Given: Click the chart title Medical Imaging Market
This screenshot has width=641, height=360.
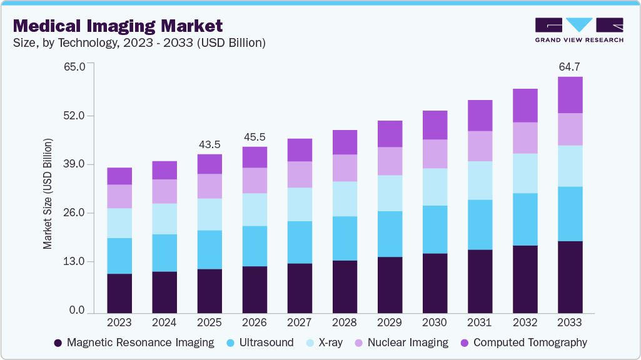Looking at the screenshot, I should pyautogui.click(x=118, y=26).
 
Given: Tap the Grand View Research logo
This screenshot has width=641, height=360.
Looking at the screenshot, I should pyautogui.click(x=579, y=29).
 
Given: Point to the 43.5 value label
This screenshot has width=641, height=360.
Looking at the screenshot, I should pyautogui.click(x=209, y=144).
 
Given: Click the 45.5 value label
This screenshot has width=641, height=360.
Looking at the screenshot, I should pyautogui.click(x=255, y=136).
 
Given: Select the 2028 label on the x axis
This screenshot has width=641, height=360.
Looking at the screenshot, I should pyautogui.click(x=345, y=322).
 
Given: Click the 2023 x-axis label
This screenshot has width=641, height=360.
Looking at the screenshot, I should pyautogui.click(x=119, y=322).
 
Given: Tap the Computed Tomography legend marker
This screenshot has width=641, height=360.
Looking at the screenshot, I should pyautogui.click(x=464, y=342).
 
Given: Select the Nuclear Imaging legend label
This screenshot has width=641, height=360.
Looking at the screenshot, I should pyautogui.click(x=408, y=342).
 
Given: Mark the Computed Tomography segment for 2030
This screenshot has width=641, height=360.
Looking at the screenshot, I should pyautogui.click(x=435, y=125).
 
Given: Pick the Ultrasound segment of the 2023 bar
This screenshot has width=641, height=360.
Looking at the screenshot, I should pyautogui.click(x=119, y=256).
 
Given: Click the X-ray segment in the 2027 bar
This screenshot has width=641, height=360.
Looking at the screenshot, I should pyautogui.click(x=300, y=204).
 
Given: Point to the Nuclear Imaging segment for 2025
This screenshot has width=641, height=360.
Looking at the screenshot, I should pyautogui.click(x=209, y=186).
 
